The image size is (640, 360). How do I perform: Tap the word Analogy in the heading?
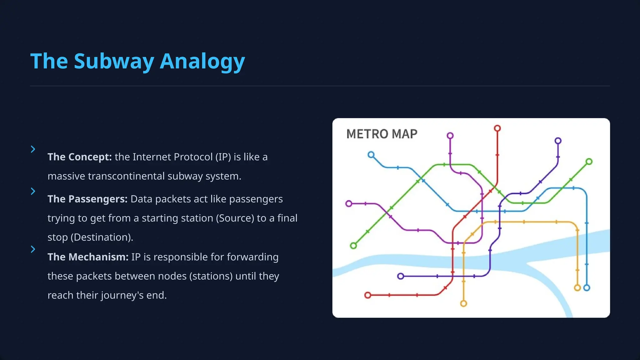(x=202, y=62)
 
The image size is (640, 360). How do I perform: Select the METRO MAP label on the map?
(x=382, y=134)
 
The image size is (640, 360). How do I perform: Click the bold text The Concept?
(x=79, y=157)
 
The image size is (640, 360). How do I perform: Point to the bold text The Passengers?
(x=87, y=199)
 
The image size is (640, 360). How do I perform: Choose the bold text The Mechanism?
(x=88, y=257)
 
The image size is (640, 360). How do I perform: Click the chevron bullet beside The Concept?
(x=33, y=149)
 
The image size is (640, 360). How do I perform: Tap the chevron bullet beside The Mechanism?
(x=33, y=249)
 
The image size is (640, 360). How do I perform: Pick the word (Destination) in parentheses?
(x=102, y=237)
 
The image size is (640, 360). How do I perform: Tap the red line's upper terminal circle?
(x=497, y=128)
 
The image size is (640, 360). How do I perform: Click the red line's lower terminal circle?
(x=368, y=295)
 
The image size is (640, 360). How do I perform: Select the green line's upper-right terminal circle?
(x=589, y=162)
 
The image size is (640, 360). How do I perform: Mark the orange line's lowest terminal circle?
(x=463, y=303)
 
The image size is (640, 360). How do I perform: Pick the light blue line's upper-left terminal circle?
(x=371, y=155)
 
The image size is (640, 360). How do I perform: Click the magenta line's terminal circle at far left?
(x=349, y=204)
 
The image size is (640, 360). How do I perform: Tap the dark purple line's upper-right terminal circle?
(x=558, y=141)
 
